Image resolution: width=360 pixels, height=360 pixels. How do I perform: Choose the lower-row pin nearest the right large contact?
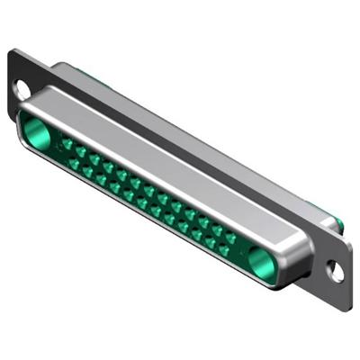pos(223,249)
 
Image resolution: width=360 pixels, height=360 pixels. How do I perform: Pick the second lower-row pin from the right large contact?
pos(210,242)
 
